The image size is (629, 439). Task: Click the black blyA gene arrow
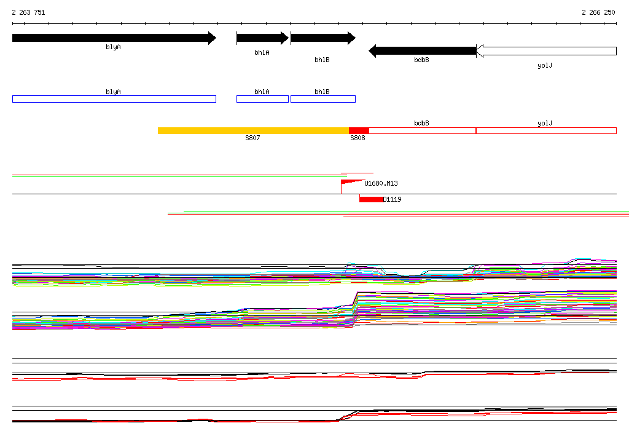pos(114,38)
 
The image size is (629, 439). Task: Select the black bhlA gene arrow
pos(262,38)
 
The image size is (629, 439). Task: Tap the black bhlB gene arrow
pos(323,38)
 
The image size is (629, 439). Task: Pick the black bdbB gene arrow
pos(423,51)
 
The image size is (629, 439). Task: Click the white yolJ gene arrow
pos(546,51)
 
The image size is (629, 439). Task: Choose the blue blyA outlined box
pos(114,99)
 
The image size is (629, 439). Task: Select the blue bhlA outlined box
pos(262,99)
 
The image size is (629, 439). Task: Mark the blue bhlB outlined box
pos(323,99)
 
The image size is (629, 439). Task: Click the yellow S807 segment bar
pos(254,130)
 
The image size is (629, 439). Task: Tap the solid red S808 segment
pos(359,130)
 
